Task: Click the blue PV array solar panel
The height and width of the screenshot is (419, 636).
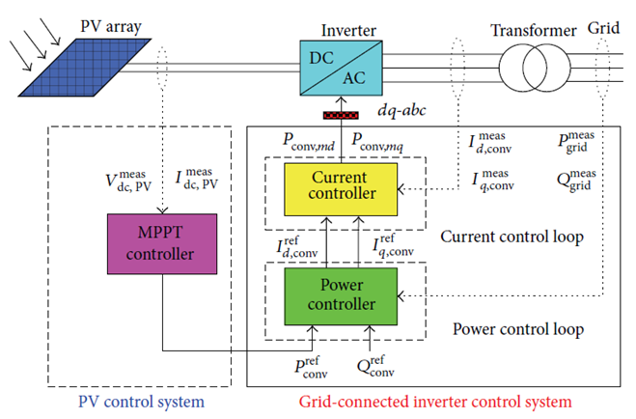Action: [71, 69]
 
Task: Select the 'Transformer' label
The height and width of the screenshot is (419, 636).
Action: [533, 29]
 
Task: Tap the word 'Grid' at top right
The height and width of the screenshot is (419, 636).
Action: [604, 29]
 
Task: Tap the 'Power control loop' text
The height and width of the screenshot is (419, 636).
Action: [517, 329]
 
